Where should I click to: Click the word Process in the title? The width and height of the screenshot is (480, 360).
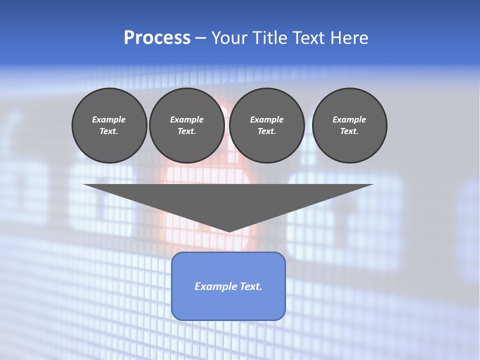click(157, 38)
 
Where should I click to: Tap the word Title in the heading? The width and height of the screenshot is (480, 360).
click(268, 38)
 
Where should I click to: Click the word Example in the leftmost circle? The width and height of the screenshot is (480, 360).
click(109, 119)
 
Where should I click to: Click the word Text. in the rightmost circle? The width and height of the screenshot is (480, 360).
click(349, 131)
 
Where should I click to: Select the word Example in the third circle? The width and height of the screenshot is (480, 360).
click(267, 119)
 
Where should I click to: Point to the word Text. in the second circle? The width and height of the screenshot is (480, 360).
click(187, 131)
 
